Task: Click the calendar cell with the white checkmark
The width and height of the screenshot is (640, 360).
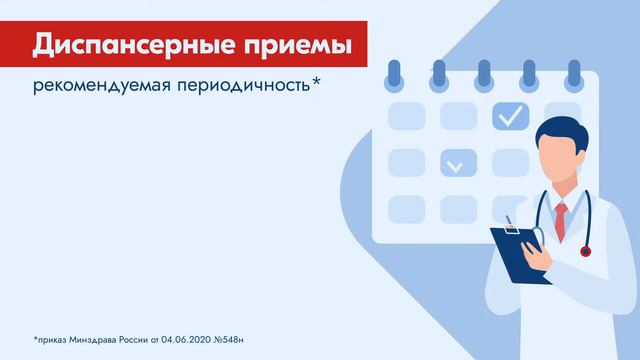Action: (511, 116)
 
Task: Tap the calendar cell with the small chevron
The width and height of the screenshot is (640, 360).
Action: (459, 162)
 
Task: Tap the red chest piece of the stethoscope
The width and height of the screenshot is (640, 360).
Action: (585, 251)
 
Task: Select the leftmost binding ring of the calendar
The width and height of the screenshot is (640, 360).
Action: (393, 74)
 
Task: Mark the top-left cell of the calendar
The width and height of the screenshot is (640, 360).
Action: (406, 116)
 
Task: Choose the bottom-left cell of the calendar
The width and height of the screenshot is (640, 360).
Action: (406, 208)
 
